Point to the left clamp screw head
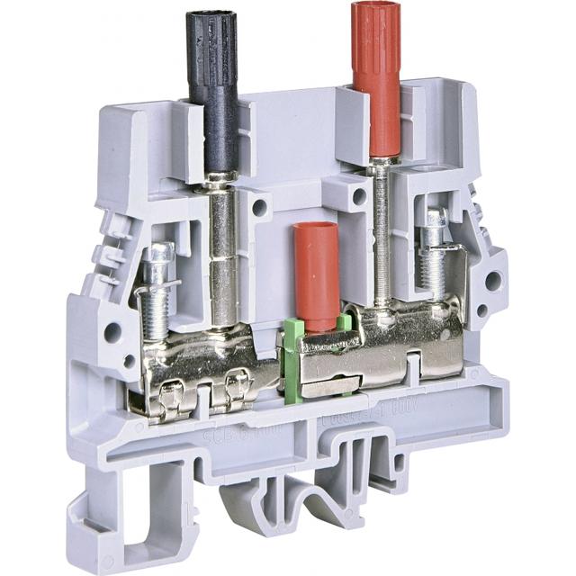pos(158,252)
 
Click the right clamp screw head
pos(436,220)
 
